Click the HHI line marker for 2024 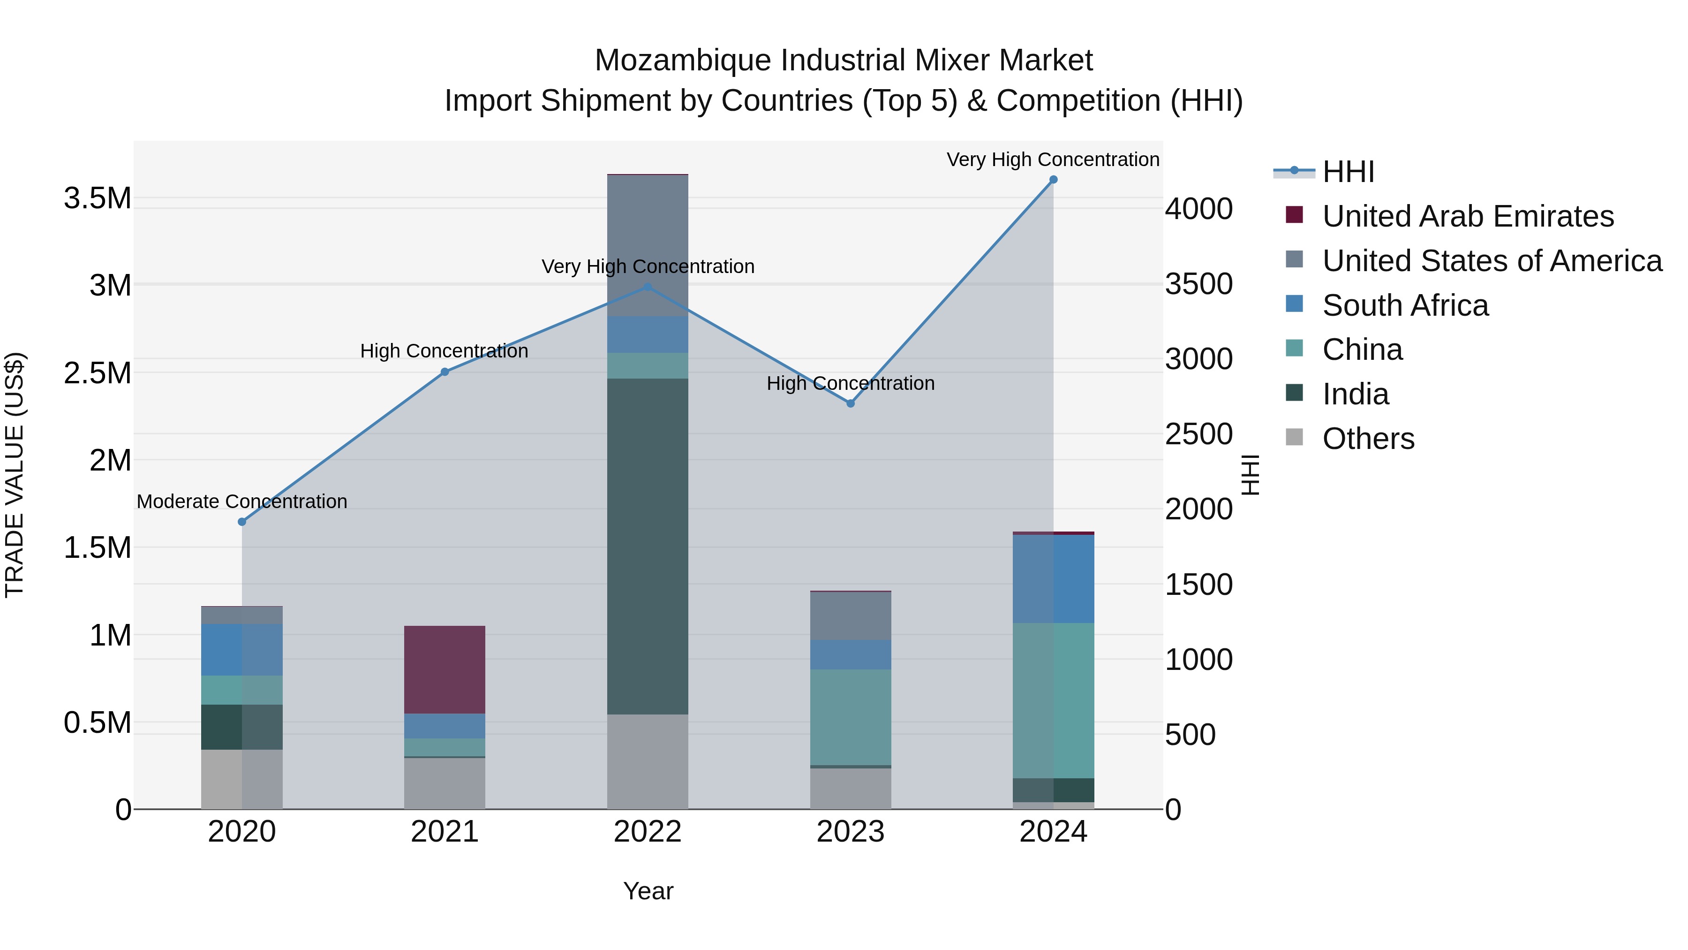click(1053, 180)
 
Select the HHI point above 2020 click(242, 522)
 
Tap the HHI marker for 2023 click(851, 403)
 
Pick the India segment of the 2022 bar click(648, 546)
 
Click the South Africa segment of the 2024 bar click(1053, 578)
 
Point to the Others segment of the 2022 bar click(648, 761)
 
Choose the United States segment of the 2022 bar click(648, 245)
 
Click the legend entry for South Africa click(1405, 305)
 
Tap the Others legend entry click(1368, 439)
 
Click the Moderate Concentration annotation click(242, 502)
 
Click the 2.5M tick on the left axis click(98, 373)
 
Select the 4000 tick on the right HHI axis click(1198, 209)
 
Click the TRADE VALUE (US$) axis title click(15, 475)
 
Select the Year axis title click(648, 891)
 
